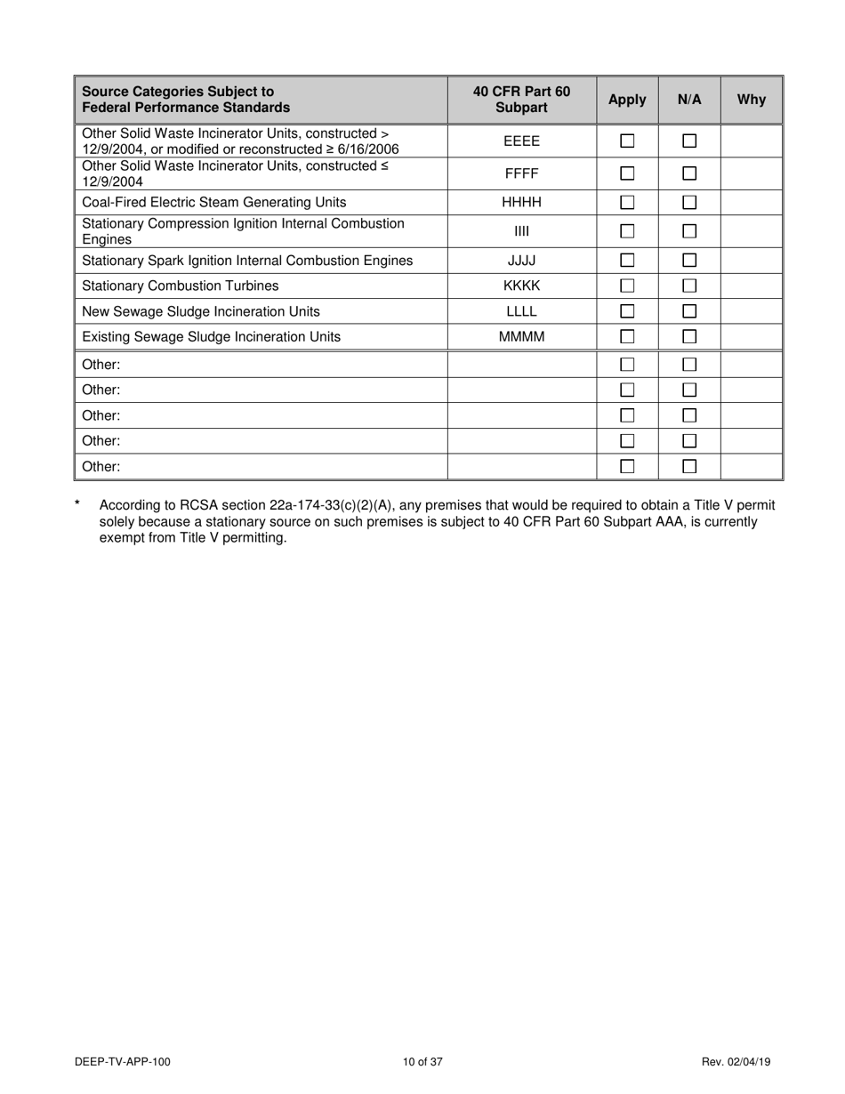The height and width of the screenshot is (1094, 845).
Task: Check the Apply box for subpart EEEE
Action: tap(627, 141)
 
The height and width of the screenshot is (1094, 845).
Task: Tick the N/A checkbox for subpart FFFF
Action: tap(689, 173)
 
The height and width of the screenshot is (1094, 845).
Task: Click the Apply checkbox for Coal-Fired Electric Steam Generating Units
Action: tap(627, 203)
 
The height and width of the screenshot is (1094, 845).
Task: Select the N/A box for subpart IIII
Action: tap(689, 231)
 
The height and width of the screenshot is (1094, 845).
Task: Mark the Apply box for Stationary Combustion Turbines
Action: tap(627, 286)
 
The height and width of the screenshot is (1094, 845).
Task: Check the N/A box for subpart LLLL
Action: tap(689, 312)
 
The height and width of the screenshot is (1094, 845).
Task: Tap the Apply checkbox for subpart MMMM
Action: tap(627, 337)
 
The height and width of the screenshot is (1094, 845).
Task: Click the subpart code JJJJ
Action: tap(521, 261)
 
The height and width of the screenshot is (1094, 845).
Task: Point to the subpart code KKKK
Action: tap(521, 286)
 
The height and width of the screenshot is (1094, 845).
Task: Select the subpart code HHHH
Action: tap(521, 203)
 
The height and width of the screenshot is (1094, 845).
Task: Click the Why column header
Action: tap(751, 100)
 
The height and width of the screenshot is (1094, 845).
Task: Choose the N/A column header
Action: tap(689, 100)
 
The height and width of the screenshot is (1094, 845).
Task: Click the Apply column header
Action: tap(627, 100)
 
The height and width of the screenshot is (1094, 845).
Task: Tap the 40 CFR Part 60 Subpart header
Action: tap(521, 100)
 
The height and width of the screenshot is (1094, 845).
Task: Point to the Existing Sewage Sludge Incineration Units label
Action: tap(211, 337)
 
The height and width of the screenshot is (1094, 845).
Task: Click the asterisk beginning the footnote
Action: tap(78, 505)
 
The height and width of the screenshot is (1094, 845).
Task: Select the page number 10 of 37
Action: tap(422, 1061)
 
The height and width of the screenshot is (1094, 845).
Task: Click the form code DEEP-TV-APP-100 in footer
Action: tap(123, 1061)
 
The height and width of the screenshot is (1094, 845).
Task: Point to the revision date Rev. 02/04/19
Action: tap(736, 1061)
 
